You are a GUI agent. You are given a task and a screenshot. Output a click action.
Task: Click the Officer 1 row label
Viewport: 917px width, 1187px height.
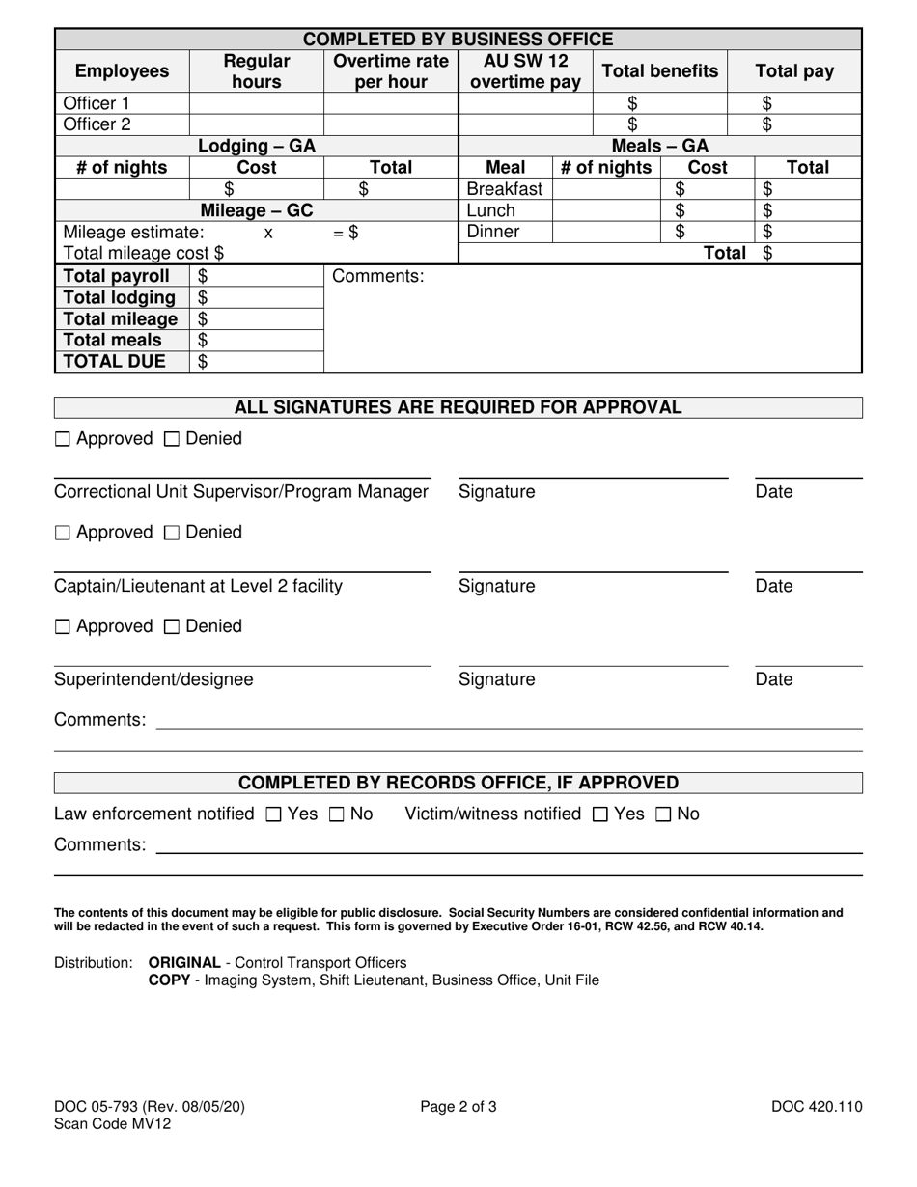(96, 103)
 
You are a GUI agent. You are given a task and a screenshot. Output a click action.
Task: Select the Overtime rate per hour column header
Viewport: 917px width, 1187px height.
(391, 71)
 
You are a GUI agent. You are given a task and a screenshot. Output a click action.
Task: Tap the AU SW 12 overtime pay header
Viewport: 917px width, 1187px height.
(525, 71)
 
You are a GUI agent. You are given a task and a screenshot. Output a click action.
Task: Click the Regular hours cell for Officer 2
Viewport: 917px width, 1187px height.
(257, 124)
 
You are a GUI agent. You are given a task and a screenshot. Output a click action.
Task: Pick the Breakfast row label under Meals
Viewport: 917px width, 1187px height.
(505, 189)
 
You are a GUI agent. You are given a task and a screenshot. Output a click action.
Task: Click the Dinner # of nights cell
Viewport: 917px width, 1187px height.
(605, 232)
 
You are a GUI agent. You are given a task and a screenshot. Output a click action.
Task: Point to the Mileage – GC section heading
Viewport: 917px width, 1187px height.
(257, 210)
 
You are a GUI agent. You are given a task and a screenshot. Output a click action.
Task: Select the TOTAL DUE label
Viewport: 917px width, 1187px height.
(114, 362)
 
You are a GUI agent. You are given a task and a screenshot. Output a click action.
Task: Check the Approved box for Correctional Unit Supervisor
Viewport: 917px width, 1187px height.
(63, 439)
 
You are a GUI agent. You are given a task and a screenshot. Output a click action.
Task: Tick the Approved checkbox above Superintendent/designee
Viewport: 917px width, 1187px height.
(63, 627)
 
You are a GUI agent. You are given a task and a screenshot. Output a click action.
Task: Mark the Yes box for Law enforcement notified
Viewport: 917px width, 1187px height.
(273, 814)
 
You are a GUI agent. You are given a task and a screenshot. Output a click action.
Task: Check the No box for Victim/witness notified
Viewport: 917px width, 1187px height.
(664, 814)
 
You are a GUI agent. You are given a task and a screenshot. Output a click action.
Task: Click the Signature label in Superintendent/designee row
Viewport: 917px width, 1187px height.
(496, 679)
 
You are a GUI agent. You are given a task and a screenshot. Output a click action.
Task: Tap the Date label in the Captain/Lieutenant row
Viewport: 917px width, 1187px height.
(773, 586)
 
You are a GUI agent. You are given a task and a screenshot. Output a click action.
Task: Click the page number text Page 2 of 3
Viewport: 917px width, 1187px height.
(458, 1107)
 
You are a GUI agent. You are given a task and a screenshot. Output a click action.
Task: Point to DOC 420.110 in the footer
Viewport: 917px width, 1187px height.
(817, 1107)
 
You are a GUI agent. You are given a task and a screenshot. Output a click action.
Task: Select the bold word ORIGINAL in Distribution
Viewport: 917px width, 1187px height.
(184, 962)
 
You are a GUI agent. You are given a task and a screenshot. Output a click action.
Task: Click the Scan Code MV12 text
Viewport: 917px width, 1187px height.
(113, 1123)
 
